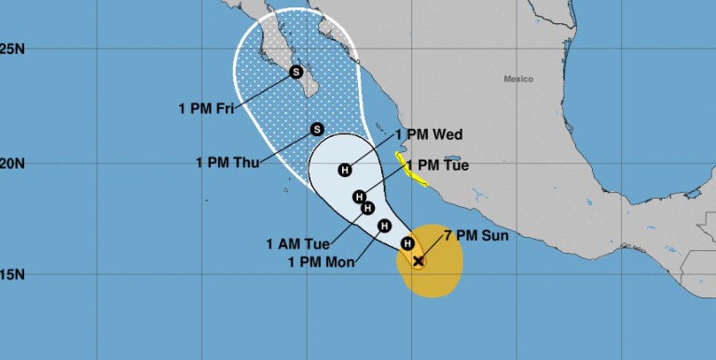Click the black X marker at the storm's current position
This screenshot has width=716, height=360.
tap(419, 261)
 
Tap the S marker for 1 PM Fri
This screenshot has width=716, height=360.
tap(296, 71)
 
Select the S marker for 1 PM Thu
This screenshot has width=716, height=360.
tap(316, 130)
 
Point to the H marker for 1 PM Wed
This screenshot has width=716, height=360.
tap(345, 170)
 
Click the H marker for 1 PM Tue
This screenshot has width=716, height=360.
tap(359, 197)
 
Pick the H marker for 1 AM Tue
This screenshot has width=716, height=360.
tap(367, 208)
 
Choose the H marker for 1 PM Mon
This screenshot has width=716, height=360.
tap(383, 225)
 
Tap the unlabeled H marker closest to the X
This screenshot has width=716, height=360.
tap(406, 243)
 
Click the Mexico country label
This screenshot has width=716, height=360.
tap(517, 79)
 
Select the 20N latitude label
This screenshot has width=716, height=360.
tap(13, 163)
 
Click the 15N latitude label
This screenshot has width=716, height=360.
tap(13, 275)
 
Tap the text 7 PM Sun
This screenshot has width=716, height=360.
tap(484, 236)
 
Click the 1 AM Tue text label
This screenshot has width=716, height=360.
tap(294, 245)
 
